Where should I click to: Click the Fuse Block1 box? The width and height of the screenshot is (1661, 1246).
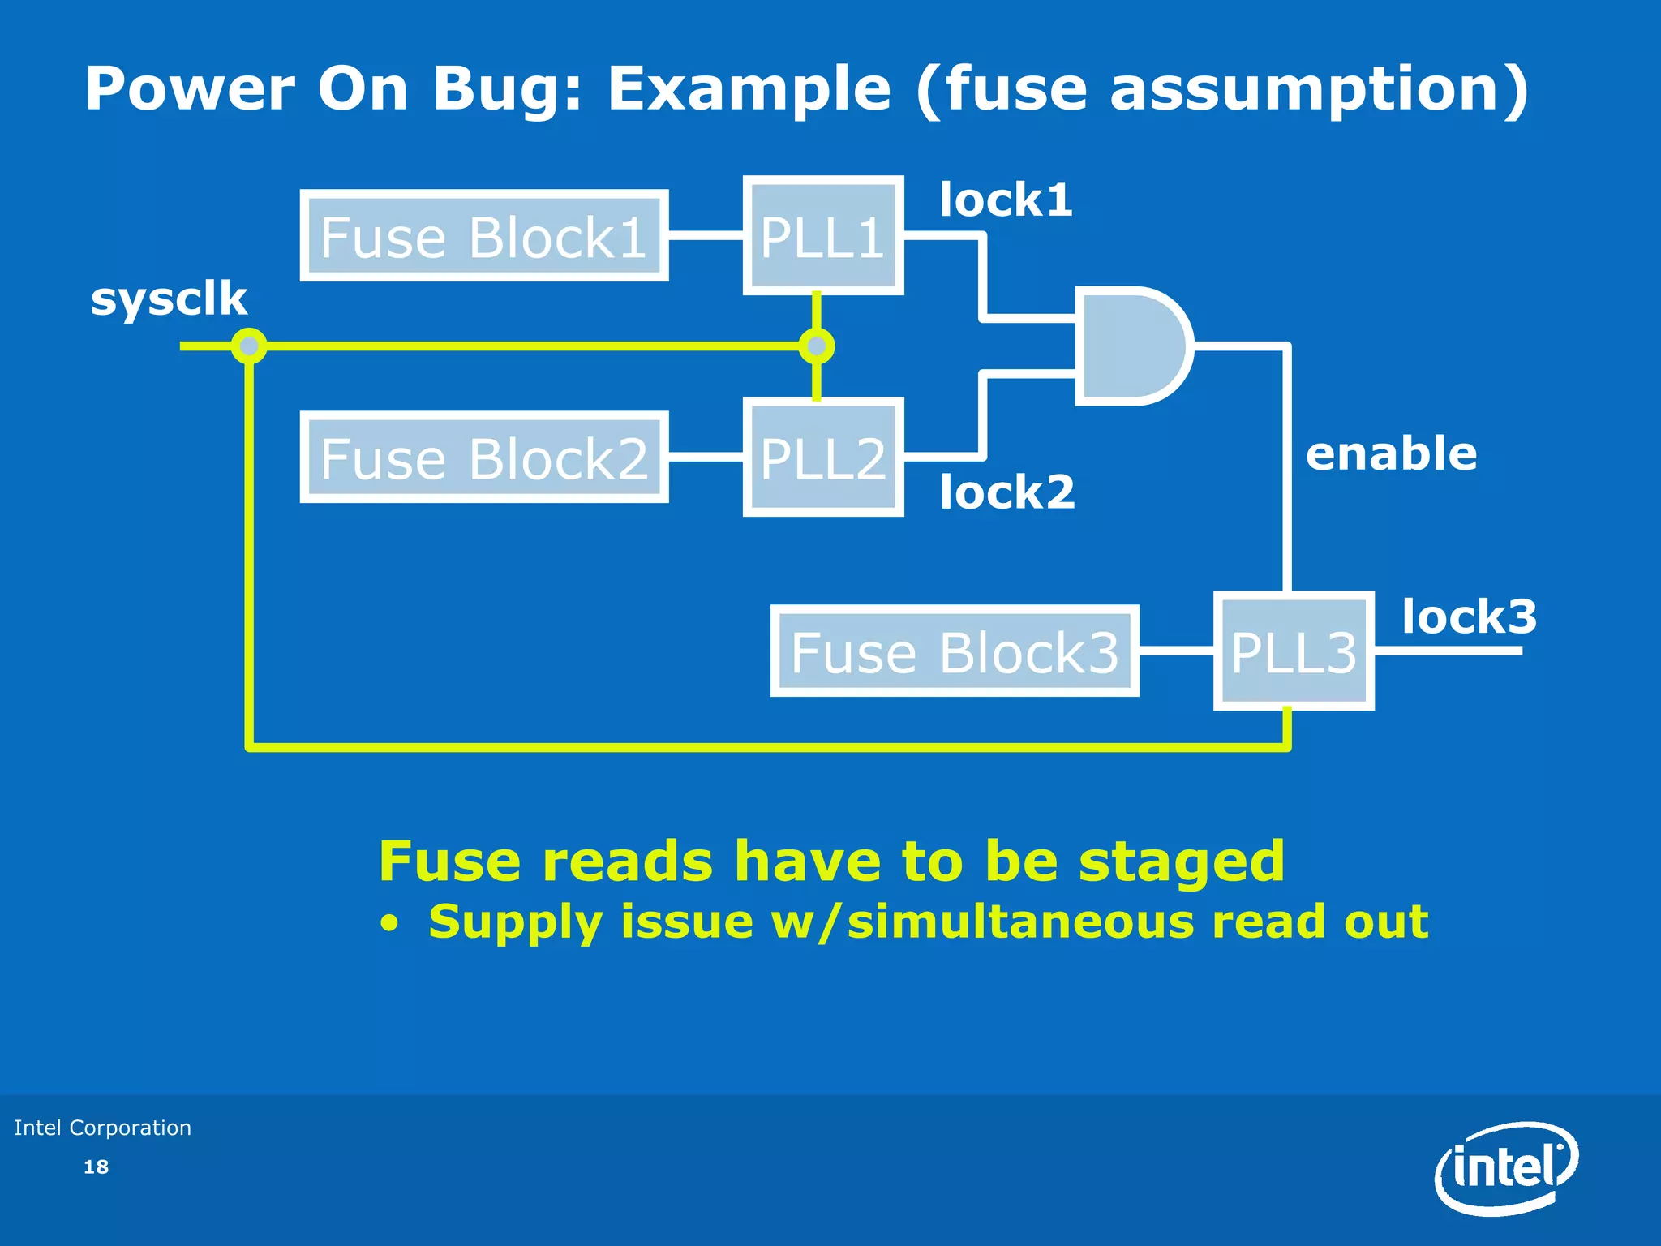[x=484, y=237]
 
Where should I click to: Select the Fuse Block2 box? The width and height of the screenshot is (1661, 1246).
[x=484, y=458]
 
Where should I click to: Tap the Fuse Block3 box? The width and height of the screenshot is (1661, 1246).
[x=955, y=651]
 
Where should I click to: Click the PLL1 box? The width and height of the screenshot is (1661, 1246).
[x=822, y=236]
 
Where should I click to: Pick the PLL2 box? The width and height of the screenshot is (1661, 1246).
[x=822, y=458]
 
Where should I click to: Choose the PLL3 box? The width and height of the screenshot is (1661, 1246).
[x=1293, y=651]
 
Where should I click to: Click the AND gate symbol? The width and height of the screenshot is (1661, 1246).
[x=1132, y=346]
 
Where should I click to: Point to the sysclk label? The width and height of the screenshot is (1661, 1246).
[x=169, y=299]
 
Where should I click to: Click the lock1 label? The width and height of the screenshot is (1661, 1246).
[x=1006, y=200]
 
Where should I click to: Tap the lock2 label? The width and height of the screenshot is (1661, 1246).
[x=1007, y=492]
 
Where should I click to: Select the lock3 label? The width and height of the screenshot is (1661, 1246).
[x=1469, y=617]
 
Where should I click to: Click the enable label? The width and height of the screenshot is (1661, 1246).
[x=1391, y=453]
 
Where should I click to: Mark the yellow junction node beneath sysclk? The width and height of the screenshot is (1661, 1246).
[x=249, y=346]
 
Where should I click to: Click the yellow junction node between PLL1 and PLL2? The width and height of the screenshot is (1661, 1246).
[x=816, y=346]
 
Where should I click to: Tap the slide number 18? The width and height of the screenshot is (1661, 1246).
[x=96, y=1167]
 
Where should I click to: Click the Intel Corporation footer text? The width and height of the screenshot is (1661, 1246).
[x=103, y=1128]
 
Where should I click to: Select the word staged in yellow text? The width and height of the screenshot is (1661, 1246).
[x=1182, y=861]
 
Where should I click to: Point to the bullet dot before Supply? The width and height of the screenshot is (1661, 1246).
[x=390, y=924]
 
